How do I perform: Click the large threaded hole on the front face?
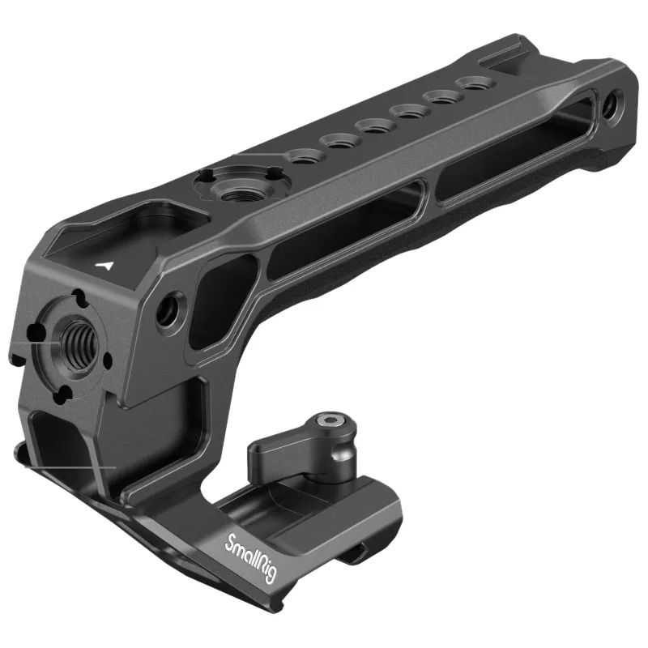pyautogui.click(x=79, y=341)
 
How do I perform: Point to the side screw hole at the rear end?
pyautogui.click(x=611, y=108)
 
